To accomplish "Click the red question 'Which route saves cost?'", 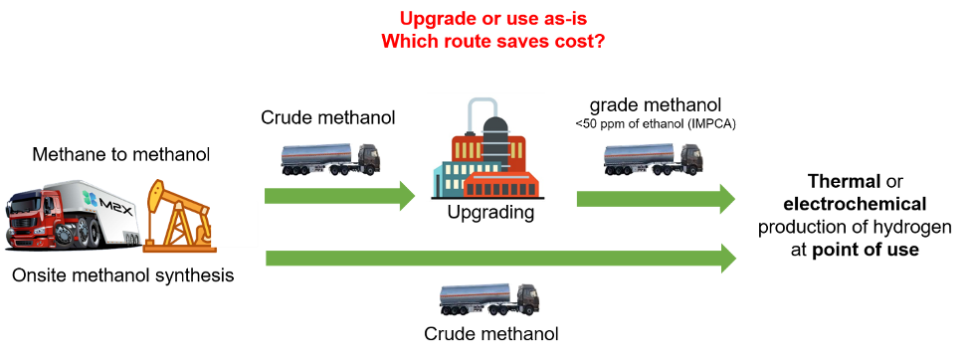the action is point(492,42).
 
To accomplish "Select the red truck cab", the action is point(35,218).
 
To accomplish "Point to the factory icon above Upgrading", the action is point(485,147).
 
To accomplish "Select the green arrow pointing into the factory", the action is point(340,196).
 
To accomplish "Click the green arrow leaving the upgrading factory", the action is point(656,199).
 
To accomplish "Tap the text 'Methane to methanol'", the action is point(121,154).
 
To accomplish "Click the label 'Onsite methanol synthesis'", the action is point(123,274).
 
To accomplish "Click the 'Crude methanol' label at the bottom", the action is point(491,334).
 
